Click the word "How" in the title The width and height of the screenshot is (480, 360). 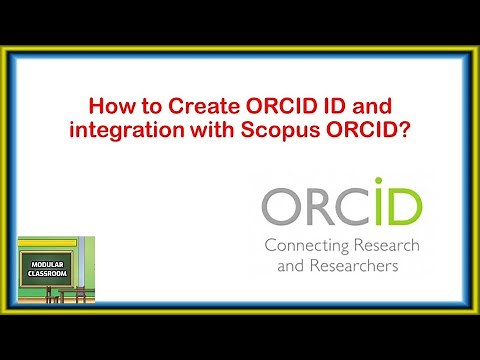pos(108,103)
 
